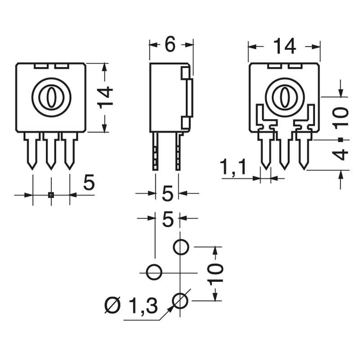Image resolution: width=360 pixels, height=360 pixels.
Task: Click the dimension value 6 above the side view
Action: (170, 45)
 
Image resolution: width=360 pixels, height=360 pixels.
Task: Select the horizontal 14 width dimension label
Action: (284, 46)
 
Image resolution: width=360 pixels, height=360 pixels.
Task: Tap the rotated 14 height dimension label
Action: (106, 97)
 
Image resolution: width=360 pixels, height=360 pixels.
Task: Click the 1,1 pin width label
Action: (233, 168)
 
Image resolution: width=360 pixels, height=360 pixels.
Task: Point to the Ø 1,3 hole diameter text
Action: (131, 306)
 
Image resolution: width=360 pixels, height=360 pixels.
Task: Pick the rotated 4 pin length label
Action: (342, 153)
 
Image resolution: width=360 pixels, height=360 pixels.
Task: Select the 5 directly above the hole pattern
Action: (167, 220)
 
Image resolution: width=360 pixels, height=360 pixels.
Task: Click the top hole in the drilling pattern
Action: (181, 247)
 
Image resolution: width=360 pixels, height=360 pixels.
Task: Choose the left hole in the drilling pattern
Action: (154, 272)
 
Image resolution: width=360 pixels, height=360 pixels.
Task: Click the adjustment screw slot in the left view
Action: (51, 97)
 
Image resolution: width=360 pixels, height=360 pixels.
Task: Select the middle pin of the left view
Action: (51, 151)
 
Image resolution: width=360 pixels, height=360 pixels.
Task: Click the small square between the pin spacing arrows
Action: (51, 195)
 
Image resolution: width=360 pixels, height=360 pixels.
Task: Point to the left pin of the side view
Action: (156, 151)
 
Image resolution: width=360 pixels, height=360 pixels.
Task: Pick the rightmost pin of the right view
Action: (304, 151)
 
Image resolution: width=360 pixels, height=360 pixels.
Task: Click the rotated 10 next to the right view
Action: (342, 117)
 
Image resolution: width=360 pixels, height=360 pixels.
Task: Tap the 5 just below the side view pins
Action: (167, 194)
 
